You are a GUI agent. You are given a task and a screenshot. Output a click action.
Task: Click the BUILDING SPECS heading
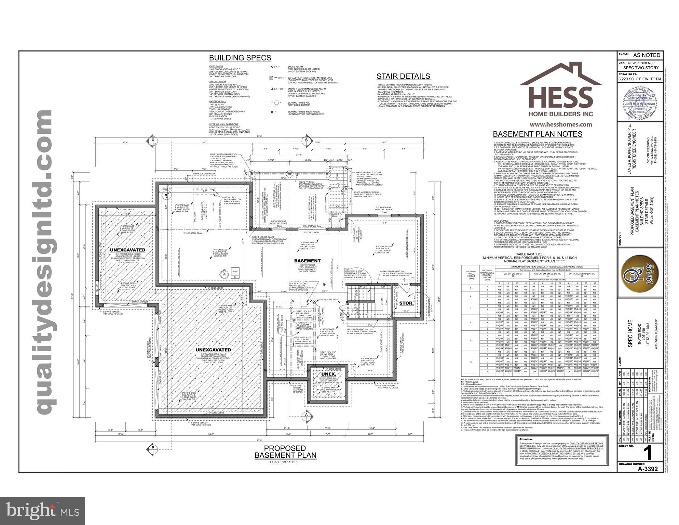coord(240,58)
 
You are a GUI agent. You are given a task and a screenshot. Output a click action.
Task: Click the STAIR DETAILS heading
coord(403,76)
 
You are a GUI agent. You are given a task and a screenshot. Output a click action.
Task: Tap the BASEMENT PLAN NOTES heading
coord(538,134)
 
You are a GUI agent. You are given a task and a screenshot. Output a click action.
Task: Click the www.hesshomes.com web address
coord(561,124)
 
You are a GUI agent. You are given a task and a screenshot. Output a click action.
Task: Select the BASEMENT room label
coord(307,261)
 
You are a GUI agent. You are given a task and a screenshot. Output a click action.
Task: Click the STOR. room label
coord(407,303)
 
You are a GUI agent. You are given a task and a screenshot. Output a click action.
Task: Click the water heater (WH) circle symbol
coord(224,273)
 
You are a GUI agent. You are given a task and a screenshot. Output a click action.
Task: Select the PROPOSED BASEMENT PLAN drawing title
coord(285,452)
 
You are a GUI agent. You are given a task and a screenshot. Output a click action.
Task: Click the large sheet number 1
coord(647,453)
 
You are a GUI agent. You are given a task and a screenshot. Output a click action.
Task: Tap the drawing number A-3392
coord(647,469)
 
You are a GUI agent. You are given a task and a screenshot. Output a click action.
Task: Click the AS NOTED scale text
coord(647,55)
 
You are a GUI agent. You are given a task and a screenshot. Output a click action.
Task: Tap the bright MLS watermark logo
coord(43,510)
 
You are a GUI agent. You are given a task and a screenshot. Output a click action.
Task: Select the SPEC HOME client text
coord(630,333)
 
